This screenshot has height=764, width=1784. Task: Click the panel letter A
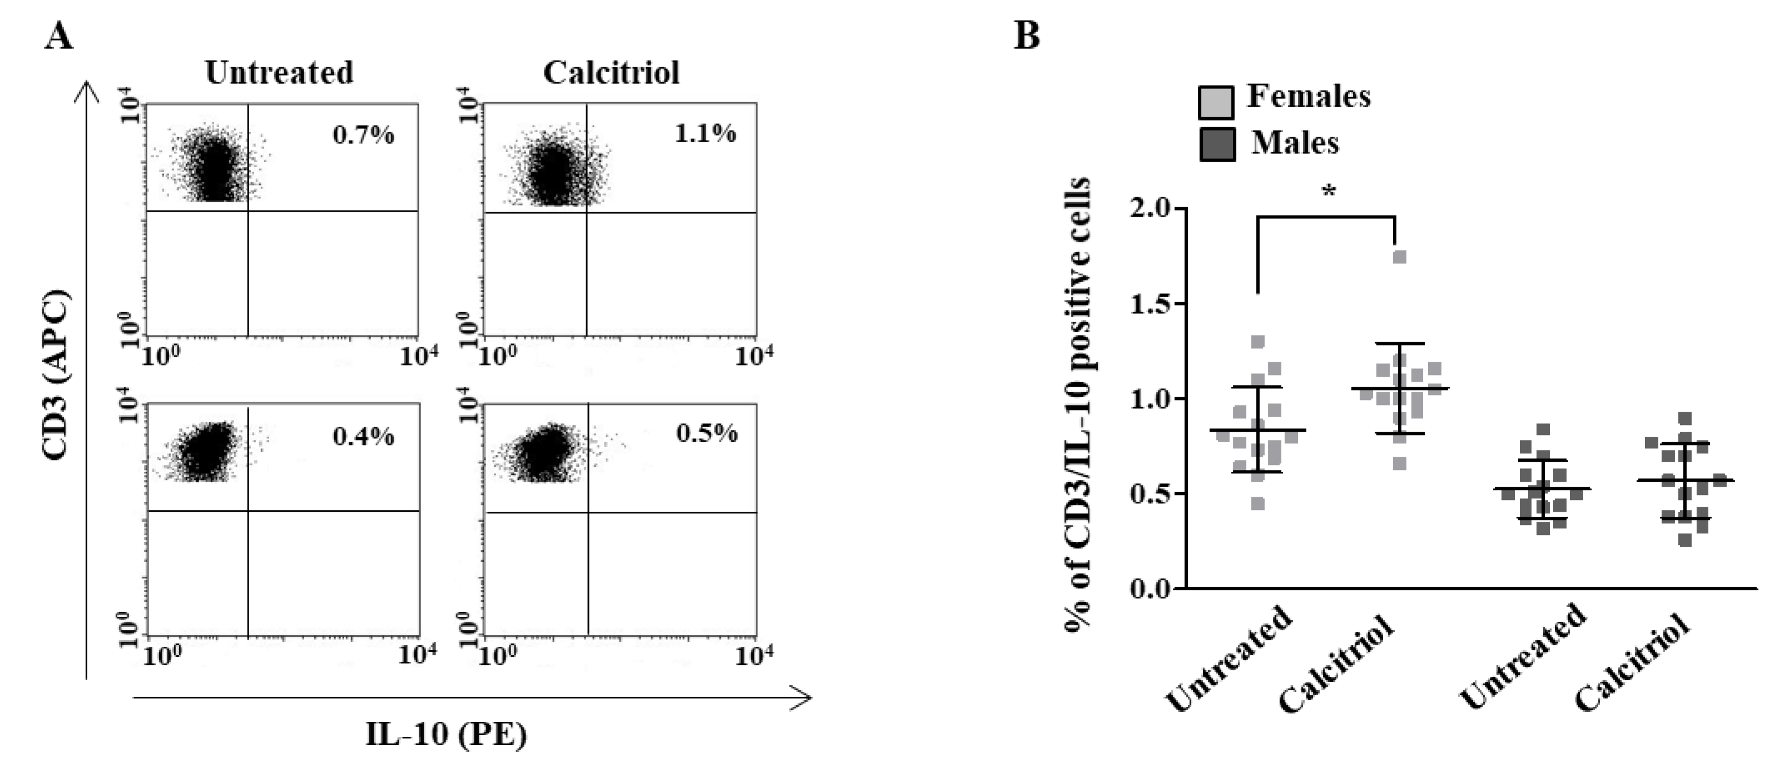tap(58, 36)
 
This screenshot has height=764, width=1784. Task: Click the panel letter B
tap(1027, 34)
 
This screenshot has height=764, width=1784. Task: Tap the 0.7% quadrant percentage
tap(364, 135)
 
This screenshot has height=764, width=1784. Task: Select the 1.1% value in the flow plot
tap(705, 133)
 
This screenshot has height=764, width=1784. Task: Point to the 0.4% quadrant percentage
tap(364, 436)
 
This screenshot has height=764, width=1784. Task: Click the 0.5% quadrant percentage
tap(706, 433)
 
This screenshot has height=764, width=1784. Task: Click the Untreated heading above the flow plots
tap(279, 73)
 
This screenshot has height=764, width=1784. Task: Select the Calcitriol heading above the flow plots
tap(611, 73)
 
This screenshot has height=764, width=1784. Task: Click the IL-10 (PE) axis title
tap(446, 735)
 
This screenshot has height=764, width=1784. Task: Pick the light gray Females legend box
tap(1216, 102)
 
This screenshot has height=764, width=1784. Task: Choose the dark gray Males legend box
tap(1217, 144)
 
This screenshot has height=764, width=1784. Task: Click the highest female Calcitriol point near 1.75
tap(1400, 257)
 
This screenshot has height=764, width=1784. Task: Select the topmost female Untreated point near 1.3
tap(1258, 342)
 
